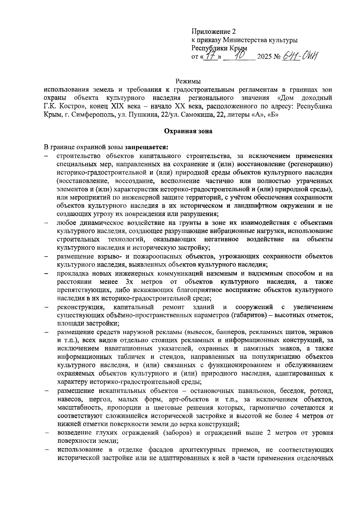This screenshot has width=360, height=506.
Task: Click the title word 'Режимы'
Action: point(188,81)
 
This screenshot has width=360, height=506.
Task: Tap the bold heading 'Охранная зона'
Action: point(188,131)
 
